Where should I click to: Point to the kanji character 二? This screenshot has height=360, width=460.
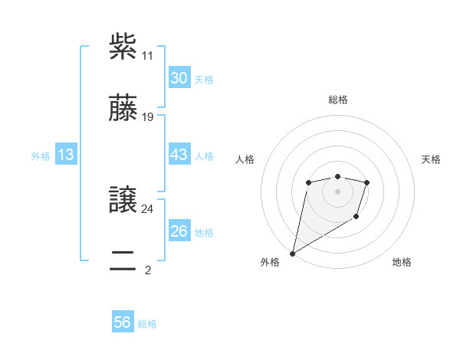pos(123,260)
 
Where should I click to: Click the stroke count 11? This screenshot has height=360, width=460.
pos(147,56)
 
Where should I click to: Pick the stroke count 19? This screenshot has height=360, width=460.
pos(147,117)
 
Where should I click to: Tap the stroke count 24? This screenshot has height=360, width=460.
pos(147,208)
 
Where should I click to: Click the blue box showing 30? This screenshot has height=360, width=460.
pos(179,78)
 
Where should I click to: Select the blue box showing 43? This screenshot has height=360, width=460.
pos(179,155)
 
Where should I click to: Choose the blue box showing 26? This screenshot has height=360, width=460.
pos(179,231)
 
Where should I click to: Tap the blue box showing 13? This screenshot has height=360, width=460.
pos(66,155)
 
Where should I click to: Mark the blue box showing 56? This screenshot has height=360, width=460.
pos(123,322)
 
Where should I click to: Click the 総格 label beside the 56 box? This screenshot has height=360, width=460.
pos(147,324)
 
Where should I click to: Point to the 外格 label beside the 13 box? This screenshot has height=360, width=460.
pos(41,156)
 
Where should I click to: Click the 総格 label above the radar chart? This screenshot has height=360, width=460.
pos(337,100)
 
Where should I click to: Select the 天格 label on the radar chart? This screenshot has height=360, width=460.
pos(432,159)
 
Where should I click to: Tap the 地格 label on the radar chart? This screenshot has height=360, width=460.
pos(402,262)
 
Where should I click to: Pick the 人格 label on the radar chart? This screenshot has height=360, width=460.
pos(245,159)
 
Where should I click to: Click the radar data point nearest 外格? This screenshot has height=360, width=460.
pos(292,253)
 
